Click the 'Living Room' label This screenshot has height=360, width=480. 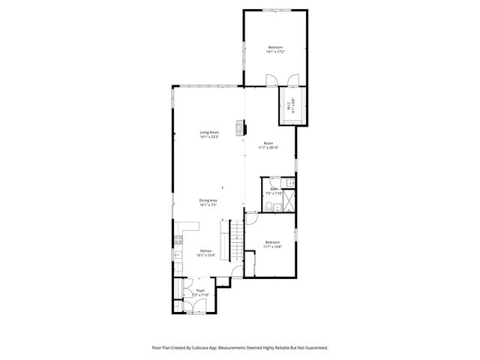pos(208,134)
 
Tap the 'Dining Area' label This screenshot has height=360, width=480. pos(208,201)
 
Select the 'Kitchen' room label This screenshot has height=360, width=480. pos(205,252)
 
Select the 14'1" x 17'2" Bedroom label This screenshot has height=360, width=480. pos(276,49)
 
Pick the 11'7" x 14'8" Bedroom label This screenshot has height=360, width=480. pos(272,244)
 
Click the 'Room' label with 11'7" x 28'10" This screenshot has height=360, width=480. pos(268,145)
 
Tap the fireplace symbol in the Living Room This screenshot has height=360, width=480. pos(240,128)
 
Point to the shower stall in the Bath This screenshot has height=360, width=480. pos(288,201)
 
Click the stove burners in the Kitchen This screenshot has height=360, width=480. pos(178,240)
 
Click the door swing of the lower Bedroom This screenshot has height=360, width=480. pos(253,218)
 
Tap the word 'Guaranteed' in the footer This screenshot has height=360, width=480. pos(314,348)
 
